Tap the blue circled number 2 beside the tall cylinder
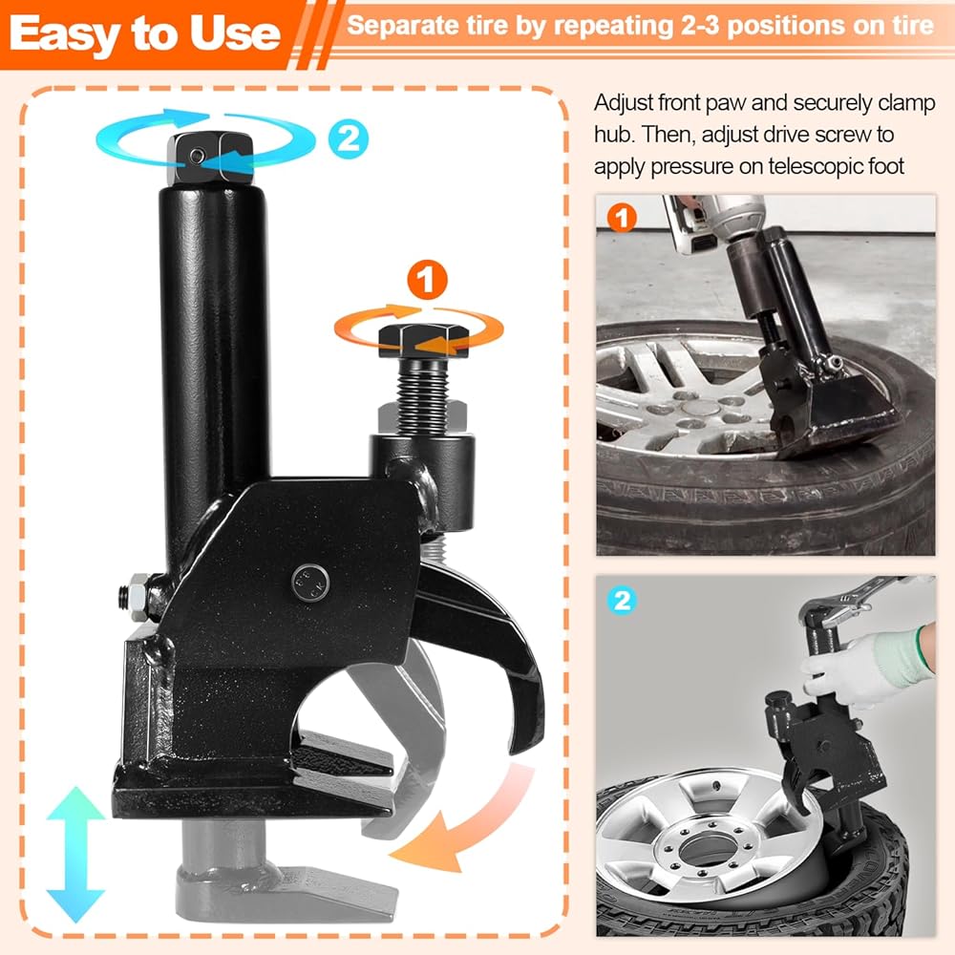349,139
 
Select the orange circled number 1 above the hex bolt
427,280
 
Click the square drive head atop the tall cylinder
210,159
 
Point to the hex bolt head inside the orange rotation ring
423,341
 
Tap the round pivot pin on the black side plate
310,582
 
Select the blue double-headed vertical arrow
75,854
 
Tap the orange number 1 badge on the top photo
622,218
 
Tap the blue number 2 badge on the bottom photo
622,601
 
